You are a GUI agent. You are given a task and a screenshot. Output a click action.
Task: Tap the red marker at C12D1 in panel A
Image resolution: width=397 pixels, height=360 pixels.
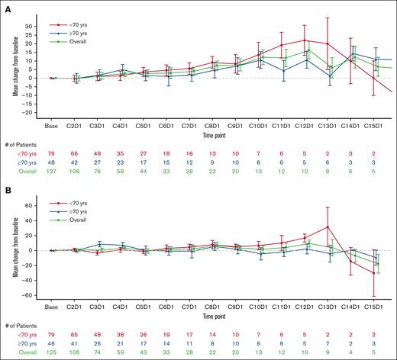pyautogui.click(x=305, y=40)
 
